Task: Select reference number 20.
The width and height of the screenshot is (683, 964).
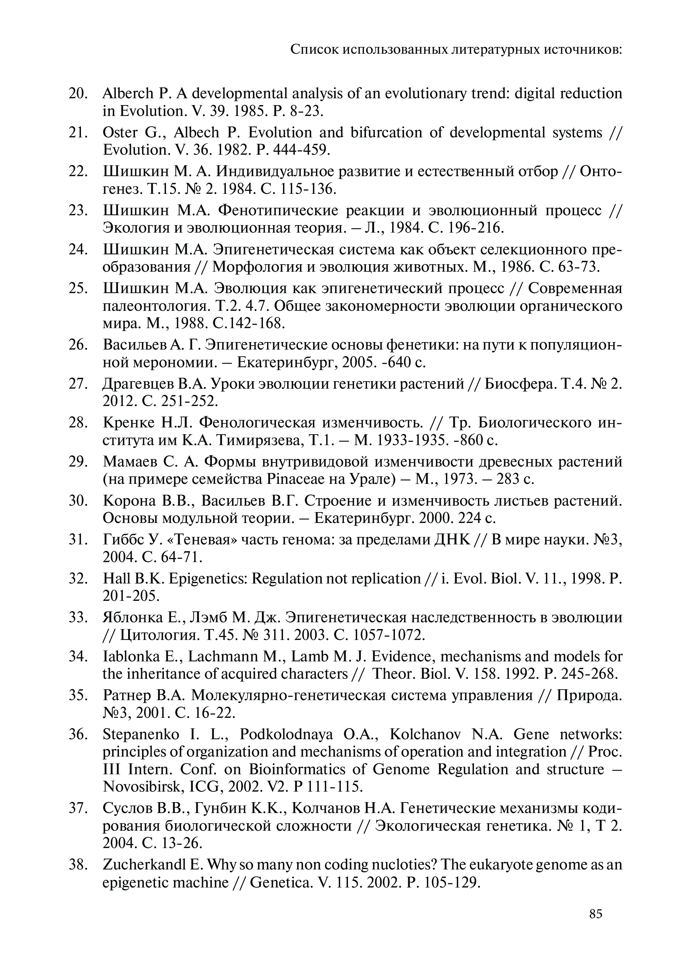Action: coord(78,93)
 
